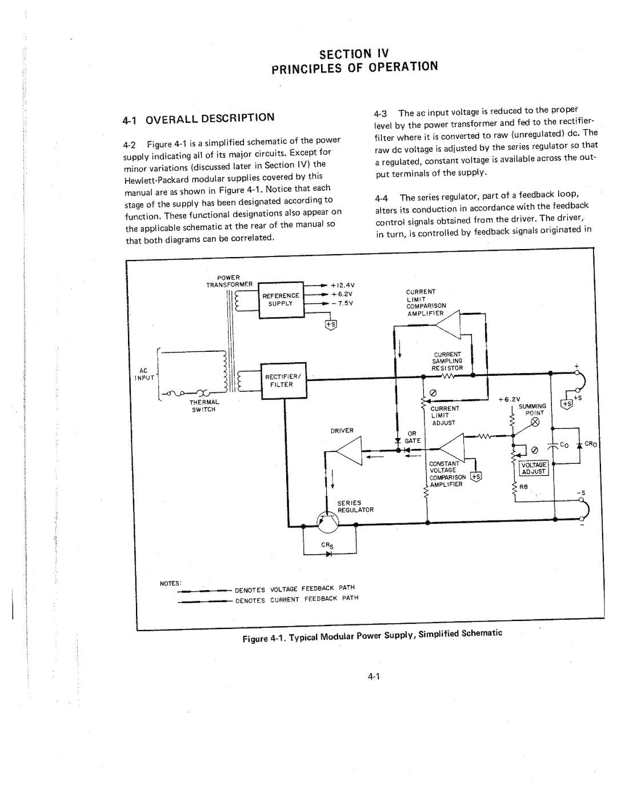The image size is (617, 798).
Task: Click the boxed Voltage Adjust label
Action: (x=534, y=468)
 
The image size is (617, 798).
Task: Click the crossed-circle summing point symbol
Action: (x=536, y=423)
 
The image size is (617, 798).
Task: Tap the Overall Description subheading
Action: (x=199, y=118)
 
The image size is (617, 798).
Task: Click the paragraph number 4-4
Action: (x=382, y=197)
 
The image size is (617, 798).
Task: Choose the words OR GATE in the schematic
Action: (x=412, y=436)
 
